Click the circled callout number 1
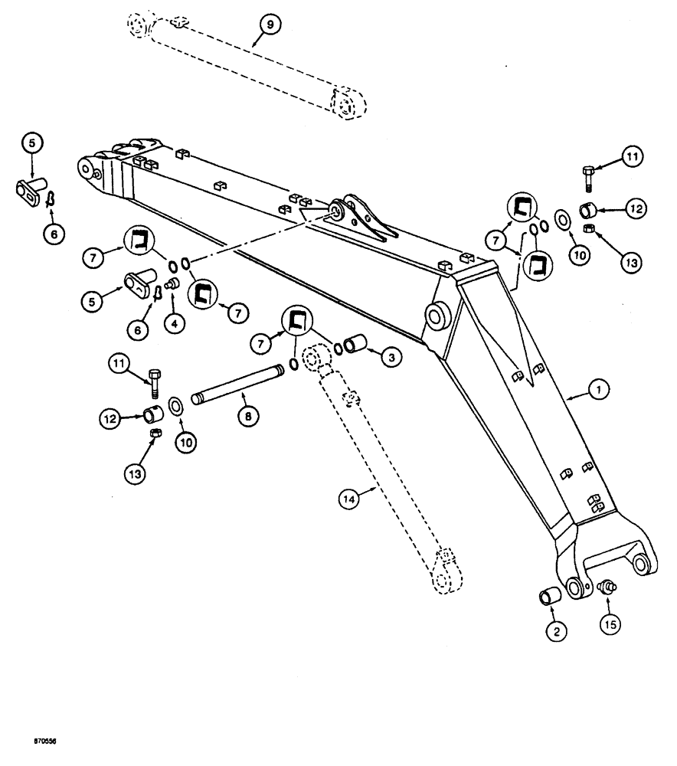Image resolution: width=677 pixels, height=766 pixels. (600, 391)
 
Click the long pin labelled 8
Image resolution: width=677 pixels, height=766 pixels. (237, 382)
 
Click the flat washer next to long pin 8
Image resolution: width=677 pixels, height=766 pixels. (174, 404)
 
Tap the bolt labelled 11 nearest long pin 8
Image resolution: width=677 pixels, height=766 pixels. (156, 382)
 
